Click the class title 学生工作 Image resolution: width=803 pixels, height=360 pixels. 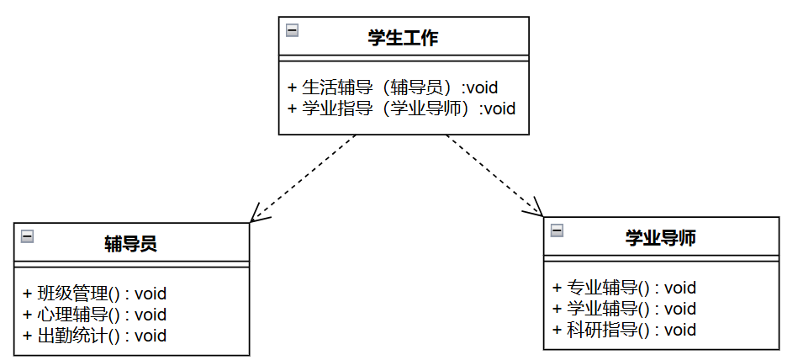[x=403, y=38]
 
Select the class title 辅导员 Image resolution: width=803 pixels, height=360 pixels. [x=131, y=244]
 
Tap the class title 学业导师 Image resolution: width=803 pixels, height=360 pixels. [x=660, y=238]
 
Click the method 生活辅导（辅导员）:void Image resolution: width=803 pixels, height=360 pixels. [x=393, y=87]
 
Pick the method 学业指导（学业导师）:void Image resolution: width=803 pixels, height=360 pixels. [x=401, y=108]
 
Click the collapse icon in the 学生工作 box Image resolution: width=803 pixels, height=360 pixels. [x=292, y=30]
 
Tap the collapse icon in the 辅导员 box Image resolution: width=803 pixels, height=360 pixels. [x=27, y=236]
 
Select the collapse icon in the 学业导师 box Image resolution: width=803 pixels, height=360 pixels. [x=557, y=230]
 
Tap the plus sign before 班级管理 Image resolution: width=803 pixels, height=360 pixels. [x=27, y=294]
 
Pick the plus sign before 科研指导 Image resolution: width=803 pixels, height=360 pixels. [x=557, y=330]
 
